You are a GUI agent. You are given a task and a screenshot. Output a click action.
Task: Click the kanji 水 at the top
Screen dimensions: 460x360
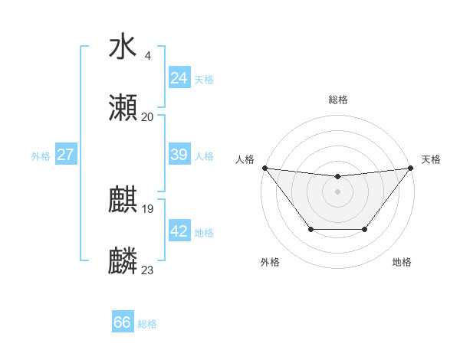(x=123, y=47)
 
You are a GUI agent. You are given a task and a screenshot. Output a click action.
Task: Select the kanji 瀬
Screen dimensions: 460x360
(x=123, y=108)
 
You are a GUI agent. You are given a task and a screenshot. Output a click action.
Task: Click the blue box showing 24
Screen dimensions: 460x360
(x=179, y=78)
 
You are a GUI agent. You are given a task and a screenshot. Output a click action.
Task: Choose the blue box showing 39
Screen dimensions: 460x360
(x=179, y=155)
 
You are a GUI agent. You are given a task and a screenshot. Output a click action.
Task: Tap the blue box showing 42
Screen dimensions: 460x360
(x=179, y=231)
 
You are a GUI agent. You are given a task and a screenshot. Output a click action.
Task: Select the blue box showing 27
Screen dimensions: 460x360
(x=65, y=155)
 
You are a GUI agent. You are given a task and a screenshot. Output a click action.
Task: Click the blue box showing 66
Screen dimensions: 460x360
(x=122, y=322)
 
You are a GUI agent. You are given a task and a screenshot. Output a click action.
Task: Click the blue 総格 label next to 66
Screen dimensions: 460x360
(x=147, y=324)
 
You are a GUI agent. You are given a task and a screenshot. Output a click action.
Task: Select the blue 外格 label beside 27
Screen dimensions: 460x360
(x=41, y=155)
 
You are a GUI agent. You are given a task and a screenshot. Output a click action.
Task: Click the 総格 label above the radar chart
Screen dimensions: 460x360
(x=337, y=100)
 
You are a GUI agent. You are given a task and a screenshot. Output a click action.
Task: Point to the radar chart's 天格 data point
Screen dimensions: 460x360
(x=411, y=168)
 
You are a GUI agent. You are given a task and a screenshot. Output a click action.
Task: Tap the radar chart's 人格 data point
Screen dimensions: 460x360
(x=264, y=168)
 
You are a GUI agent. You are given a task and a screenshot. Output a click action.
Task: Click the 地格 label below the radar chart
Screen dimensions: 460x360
(x=402, y=262)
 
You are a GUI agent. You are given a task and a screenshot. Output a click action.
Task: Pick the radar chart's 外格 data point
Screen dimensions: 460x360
(x=310, y=229)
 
